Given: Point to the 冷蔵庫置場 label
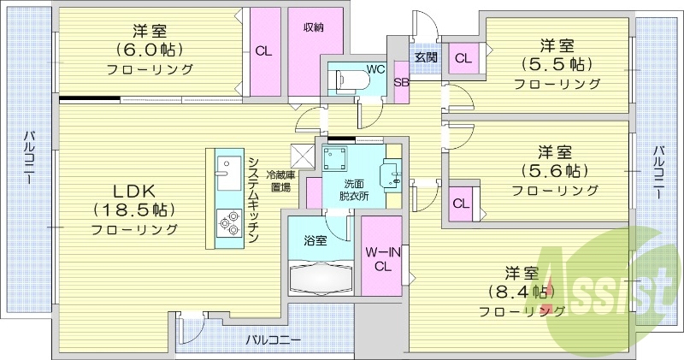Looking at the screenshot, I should (x=279, y=179).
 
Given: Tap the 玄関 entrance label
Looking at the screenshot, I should (x=426, y=57).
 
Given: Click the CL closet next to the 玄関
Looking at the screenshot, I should (x=463, y=58).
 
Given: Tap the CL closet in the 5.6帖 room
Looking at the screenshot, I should (x=460, y=204).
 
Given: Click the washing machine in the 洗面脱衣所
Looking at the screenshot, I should (x=334, y=158).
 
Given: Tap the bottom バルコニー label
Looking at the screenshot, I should (x=273, y=340).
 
